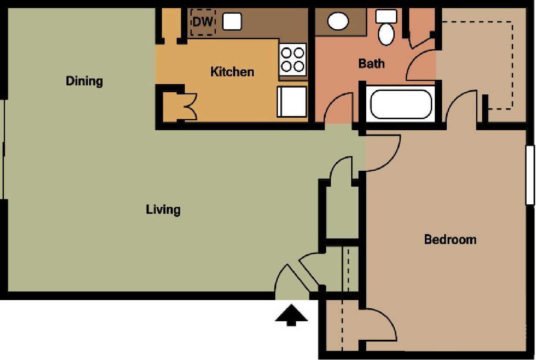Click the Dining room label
tap(84, 81)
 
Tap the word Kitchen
tap(232, 72)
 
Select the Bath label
tap(371, 63)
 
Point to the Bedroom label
tap(450, 239)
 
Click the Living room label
tap(163, 210)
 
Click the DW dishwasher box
tap(203, 21)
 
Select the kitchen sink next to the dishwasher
tap(232, 21)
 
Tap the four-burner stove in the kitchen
tap(293, 59)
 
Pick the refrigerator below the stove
tap(292, 101)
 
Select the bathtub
tap(401, 104)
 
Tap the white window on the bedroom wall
tap(530, 175)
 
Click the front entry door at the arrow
tap(290, 281)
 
